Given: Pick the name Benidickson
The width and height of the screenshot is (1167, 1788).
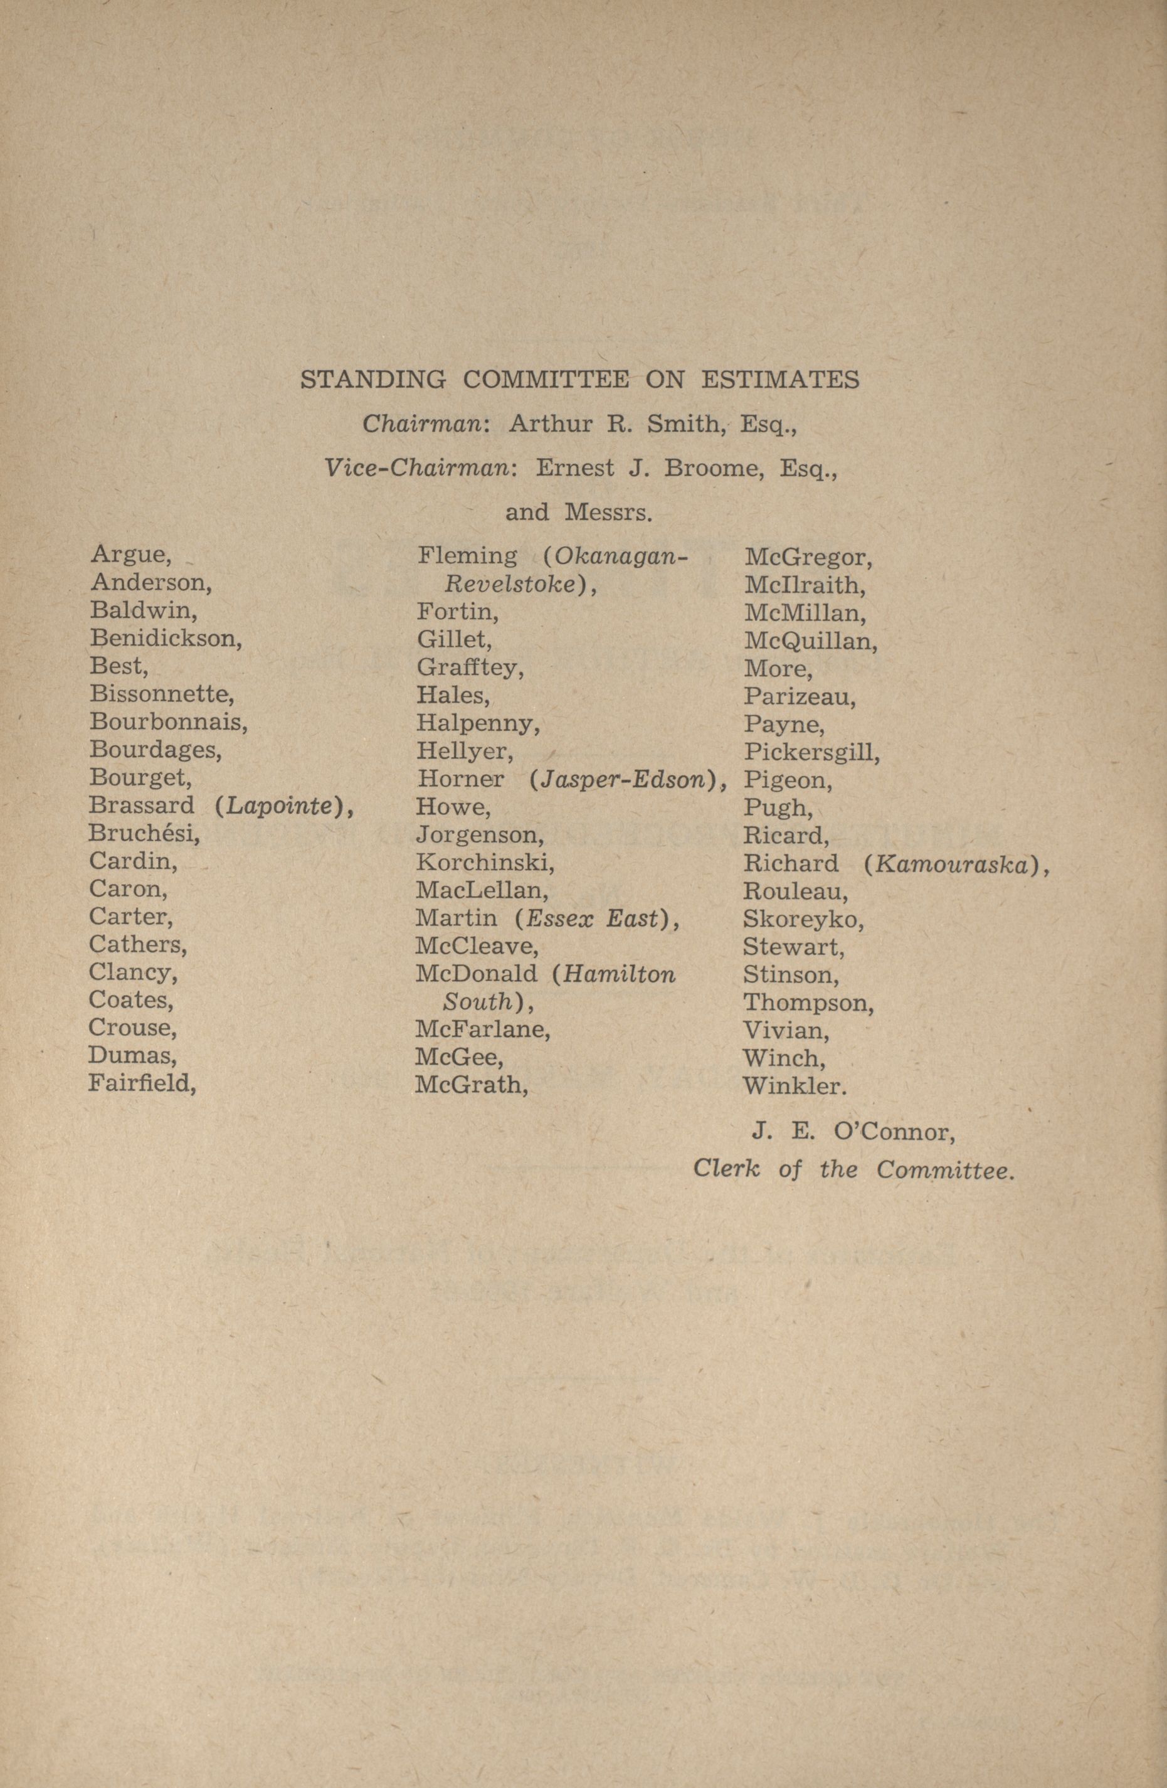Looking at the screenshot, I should [166, 638].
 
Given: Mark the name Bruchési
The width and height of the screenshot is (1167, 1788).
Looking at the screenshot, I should [144, 833].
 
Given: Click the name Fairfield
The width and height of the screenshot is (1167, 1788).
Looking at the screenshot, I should [142, 1083].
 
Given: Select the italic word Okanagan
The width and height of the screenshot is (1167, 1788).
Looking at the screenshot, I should [620, 556].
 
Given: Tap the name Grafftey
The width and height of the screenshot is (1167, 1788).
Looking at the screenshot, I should [470, 667].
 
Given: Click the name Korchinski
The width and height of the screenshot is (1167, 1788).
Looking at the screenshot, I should [485, 863].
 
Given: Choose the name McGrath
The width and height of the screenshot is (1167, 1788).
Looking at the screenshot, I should [472, 1084].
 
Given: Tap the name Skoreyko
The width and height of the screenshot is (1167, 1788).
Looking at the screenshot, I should [803, 920].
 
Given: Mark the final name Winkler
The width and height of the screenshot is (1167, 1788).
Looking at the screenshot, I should [795, 1085].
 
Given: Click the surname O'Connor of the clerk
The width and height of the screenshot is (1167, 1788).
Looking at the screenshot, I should [894, 1133].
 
